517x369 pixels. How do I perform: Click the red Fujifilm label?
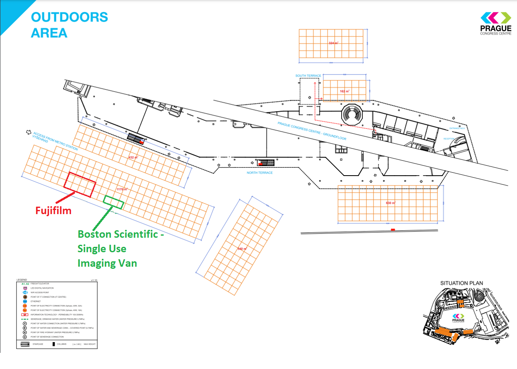[53, 211]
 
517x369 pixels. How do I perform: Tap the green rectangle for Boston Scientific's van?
[114, 202]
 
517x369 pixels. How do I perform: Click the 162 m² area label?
[345, 91]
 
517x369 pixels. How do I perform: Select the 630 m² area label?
[391, 203]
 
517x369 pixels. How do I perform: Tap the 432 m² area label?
[133, 157]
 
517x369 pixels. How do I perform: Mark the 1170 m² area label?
[122, 189]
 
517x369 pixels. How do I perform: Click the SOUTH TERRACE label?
[308, 76]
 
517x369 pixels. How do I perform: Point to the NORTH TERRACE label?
[260, 173]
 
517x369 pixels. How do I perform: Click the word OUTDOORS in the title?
[69, 17]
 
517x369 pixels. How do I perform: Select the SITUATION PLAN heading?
[461, 283]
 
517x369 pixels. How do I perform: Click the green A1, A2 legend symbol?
[24, 283]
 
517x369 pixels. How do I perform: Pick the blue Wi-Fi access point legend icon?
[25, 292]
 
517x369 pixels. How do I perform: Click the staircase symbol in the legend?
[25, 344]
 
